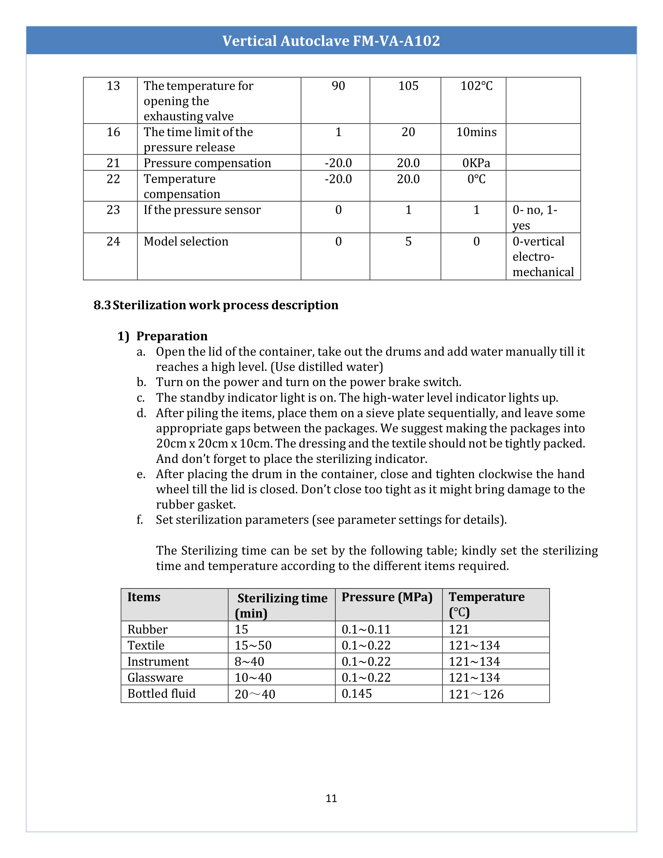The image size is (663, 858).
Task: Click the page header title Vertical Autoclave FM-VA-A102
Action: pyautogui.click(x=331, y=41)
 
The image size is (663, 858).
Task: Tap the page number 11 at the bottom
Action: pyautogui.click(x=331, y=798)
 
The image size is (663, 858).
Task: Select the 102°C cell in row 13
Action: pyautogui.click(x=476, y=86)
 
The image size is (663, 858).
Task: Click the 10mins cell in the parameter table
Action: pyautogui.click(x=476, y=132)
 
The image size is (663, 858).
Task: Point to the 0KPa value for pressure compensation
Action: pyautogui.click(x=476, y=163)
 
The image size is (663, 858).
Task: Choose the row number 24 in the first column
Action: pyautogui.click(x=113, y=241)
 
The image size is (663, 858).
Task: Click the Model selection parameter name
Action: pyautogui.click(x=186, y=241)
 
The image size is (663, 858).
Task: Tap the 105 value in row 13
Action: pyautogui.click(x=408, y=86)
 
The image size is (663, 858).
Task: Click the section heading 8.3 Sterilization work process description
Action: pyautogui.click(x=216, y=305)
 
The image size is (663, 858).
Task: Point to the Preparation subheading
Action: pyautogui.click(x=172, y=336)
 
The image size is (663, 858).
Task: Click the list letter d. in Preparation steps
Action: pyautogui.click(x=141, y=413)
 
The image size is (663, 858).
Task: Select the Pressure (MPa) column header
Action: pyautogui.click(x=387, y=597)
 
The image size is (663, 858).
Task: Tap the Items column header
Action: pyautogui.click(x=144, y=597)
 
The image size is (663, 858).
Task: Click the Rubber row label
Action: pyautogui.click(x=147, y=629)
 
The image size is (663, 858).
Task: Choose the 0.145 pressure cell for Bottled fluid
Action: pyautogui.click(x=356, y=693)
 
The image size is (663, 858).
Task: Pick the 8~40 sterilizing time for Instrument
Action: pyautogui.click(x=249, y=661)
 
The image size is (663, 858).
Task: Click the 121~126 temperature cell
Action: pyautogui.click(x=476, y=694)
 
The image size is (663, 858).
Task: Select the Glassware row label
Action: pyautogui.click(x=155, y=678)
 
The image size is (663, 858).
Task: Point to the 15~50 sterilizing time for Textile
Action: pyautogui.click(x=253, y=645)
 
